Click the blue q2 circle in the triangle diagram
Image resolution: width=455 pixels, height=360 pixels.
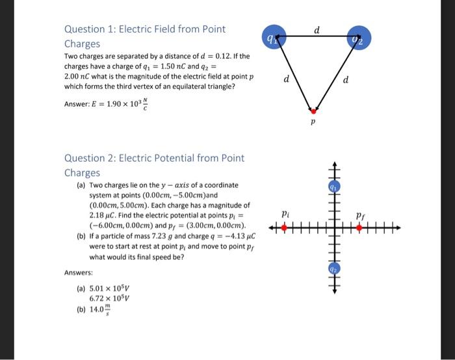tap(357, 38)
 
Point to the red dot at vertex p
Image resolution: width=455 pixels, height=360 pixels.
tap(313, 111)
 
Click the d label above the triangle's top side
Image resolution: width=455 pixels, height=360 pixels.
tap(316, 29)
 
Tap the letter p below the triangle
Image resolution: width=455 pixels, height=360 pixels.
tap(313, 122)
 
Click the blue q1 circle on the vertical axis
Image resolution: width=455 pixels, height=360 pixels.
tap(335, 186)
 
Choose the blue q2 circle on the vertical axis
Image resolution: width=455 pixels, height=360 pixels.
tap(335, 267)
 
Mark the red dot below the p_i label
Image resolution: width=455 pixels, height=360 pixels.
tap(286, 227)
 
